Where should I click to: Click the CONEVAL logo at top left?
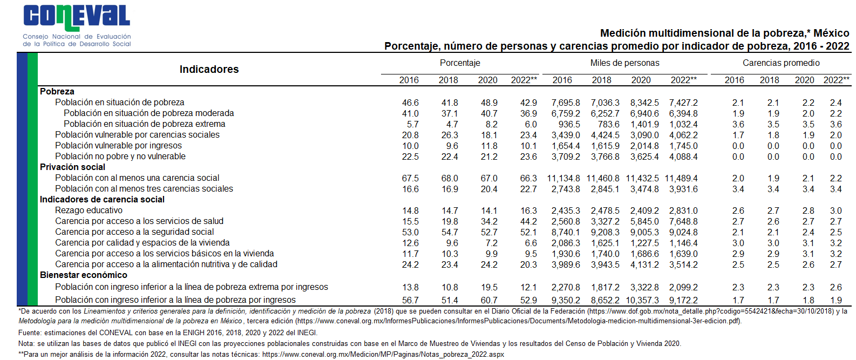click(76, 25)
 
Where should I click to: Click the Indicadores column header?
click(209, 69)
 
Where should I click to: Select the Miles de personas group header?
click(624, 63)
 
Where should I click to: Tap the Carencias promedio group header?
click(781, 63)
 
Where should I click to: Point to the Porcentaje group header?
click(460, 63)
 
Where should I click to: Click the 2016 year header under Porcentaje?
click(409, 80)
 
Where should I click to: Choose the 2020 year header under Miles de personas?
click(641, 80)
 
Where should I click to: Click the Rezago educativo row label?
click(89, 210)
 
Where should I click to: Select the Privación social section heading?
click(72, 167)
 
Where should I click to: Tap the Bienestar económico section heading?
click(83, 275)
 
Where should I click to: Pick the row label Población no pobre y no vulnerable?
click(120, 157)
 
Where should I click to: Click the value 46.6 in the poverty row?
click(410, 103)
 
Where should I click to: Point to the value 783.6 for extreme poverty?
click(608, 124)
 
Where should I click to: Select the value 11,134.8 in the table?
click(563, 178)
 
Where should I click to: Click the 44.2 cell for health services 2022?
click(528, 221)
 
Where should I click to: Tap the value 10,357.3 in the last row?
click(642, 300)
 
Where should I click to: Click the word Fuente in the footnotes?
click(29, 333)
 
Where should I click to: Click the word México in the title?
click(831, 33)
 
